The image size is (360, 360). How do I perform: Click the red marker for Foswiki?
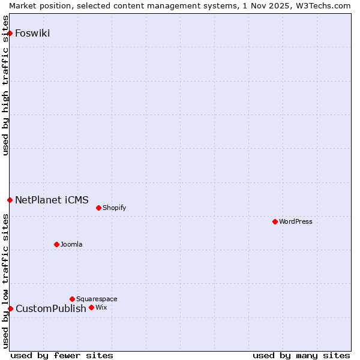pyautogui.click(x=10, y=33)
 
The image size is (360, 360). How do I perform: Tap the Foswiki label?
pyautogui.click(x=32, y=33)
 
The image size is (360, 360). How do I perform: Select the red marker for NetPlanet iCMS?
pyautogui.click(x=10, y=200)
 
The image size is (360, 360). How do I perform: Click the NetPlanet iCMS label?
pyautogui.click(x=52, y=200)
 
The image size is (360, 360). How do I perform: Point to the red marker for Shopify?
pyautogui.click(x=98, y=208)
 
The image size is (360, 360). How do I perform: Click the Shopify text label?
pyautogui.click(x=114, y=208)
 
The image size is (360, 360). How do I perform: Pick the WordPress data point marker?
pyautogui.click(x=275, y=221)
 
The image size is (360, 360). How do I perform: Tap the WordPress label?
pyautogui.click(x=295, y=221)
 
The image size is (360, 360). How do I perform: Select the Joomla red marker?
pyautogui.click(x=57, y=244)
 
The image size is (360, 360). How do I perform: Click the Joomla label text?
pyautogui.click(x=71, y=244)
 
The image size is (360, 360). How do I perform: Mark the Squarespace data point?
pyautogui.click(x=72, y=299)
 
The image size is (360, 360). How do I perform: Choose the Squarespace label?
pyautogui.click(x=97, y=299)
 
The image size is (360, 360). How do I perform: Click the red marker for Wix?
pyautogui.click(x=91, y=307)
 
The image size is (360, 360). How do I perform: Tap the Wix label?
pyautogui.click(x=101, y=307)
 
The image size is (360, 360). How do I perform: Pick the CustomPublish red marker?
pyautogui.click(x=10, y=308)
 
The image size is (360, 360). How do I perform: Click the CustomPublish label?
pyautogui.click(x=50, y=308)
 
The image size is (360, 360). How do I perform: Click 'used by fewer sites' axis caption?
pyautogui.click(x=62, y=355)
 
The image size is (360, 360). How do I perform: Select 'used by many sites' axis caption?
pyautogui.click(x=301, y=355)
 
